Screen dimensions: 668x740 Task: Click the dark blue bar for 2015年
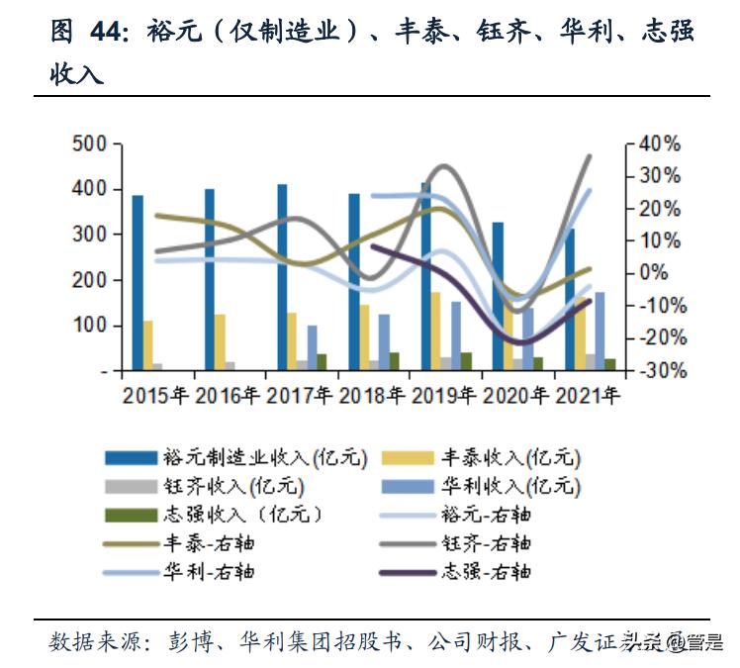tap(138, 283)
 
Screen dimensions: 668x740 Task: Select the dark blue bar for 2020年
tap(498, 297)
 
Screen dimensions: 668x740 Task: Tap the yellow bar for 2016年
tap(220, 342)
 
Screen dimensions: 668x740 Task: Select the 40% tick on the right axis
tap(660, 144)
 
